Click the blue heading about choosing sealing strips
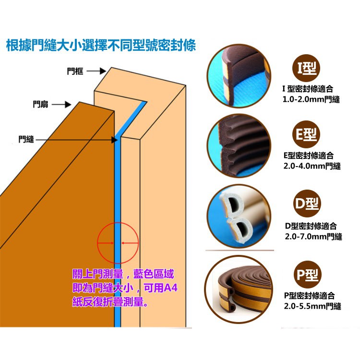pyautogui.click(x=101, y=45)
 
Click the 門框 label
pyautogui.click(x=75, y=71)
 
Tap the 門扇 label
pyautogui.click(x=40, y=105)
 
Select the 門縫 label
pyautogui.click(x=26, y=139)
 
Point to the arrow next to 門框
pyautogui.click(x=96, y=71)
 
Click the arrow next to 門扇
pyautogui.click(x=61, y=105)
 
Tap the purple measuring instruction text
pyautogui.click(x=125, y=288)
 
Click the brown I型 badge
pyautogui.click(x=306, y=68)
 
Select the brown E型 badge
pyautogui.click(x=306, y=134)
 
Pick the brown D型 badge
pyautogui.click(x=307, y=204)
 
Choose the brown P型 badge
pyautogui.click(x=308, y=275)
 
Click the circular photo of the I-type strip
pyautogui.click(x=239, y=76)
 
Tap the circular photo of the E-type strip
pyautogui.click(x=239, y=146)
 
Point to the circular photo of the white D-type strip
pyautogui.click(x=239, y=216)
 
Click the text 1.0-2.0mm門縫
pyautogui.click(x=311, y=100)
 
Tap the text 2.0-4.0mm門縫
pyautogui.click(x=312, y=166)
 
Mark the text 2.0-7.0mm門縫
pyautogui.click(x=313, y=237)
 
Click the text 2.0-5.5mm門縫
pyautogui.click(x=312, y=306)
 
